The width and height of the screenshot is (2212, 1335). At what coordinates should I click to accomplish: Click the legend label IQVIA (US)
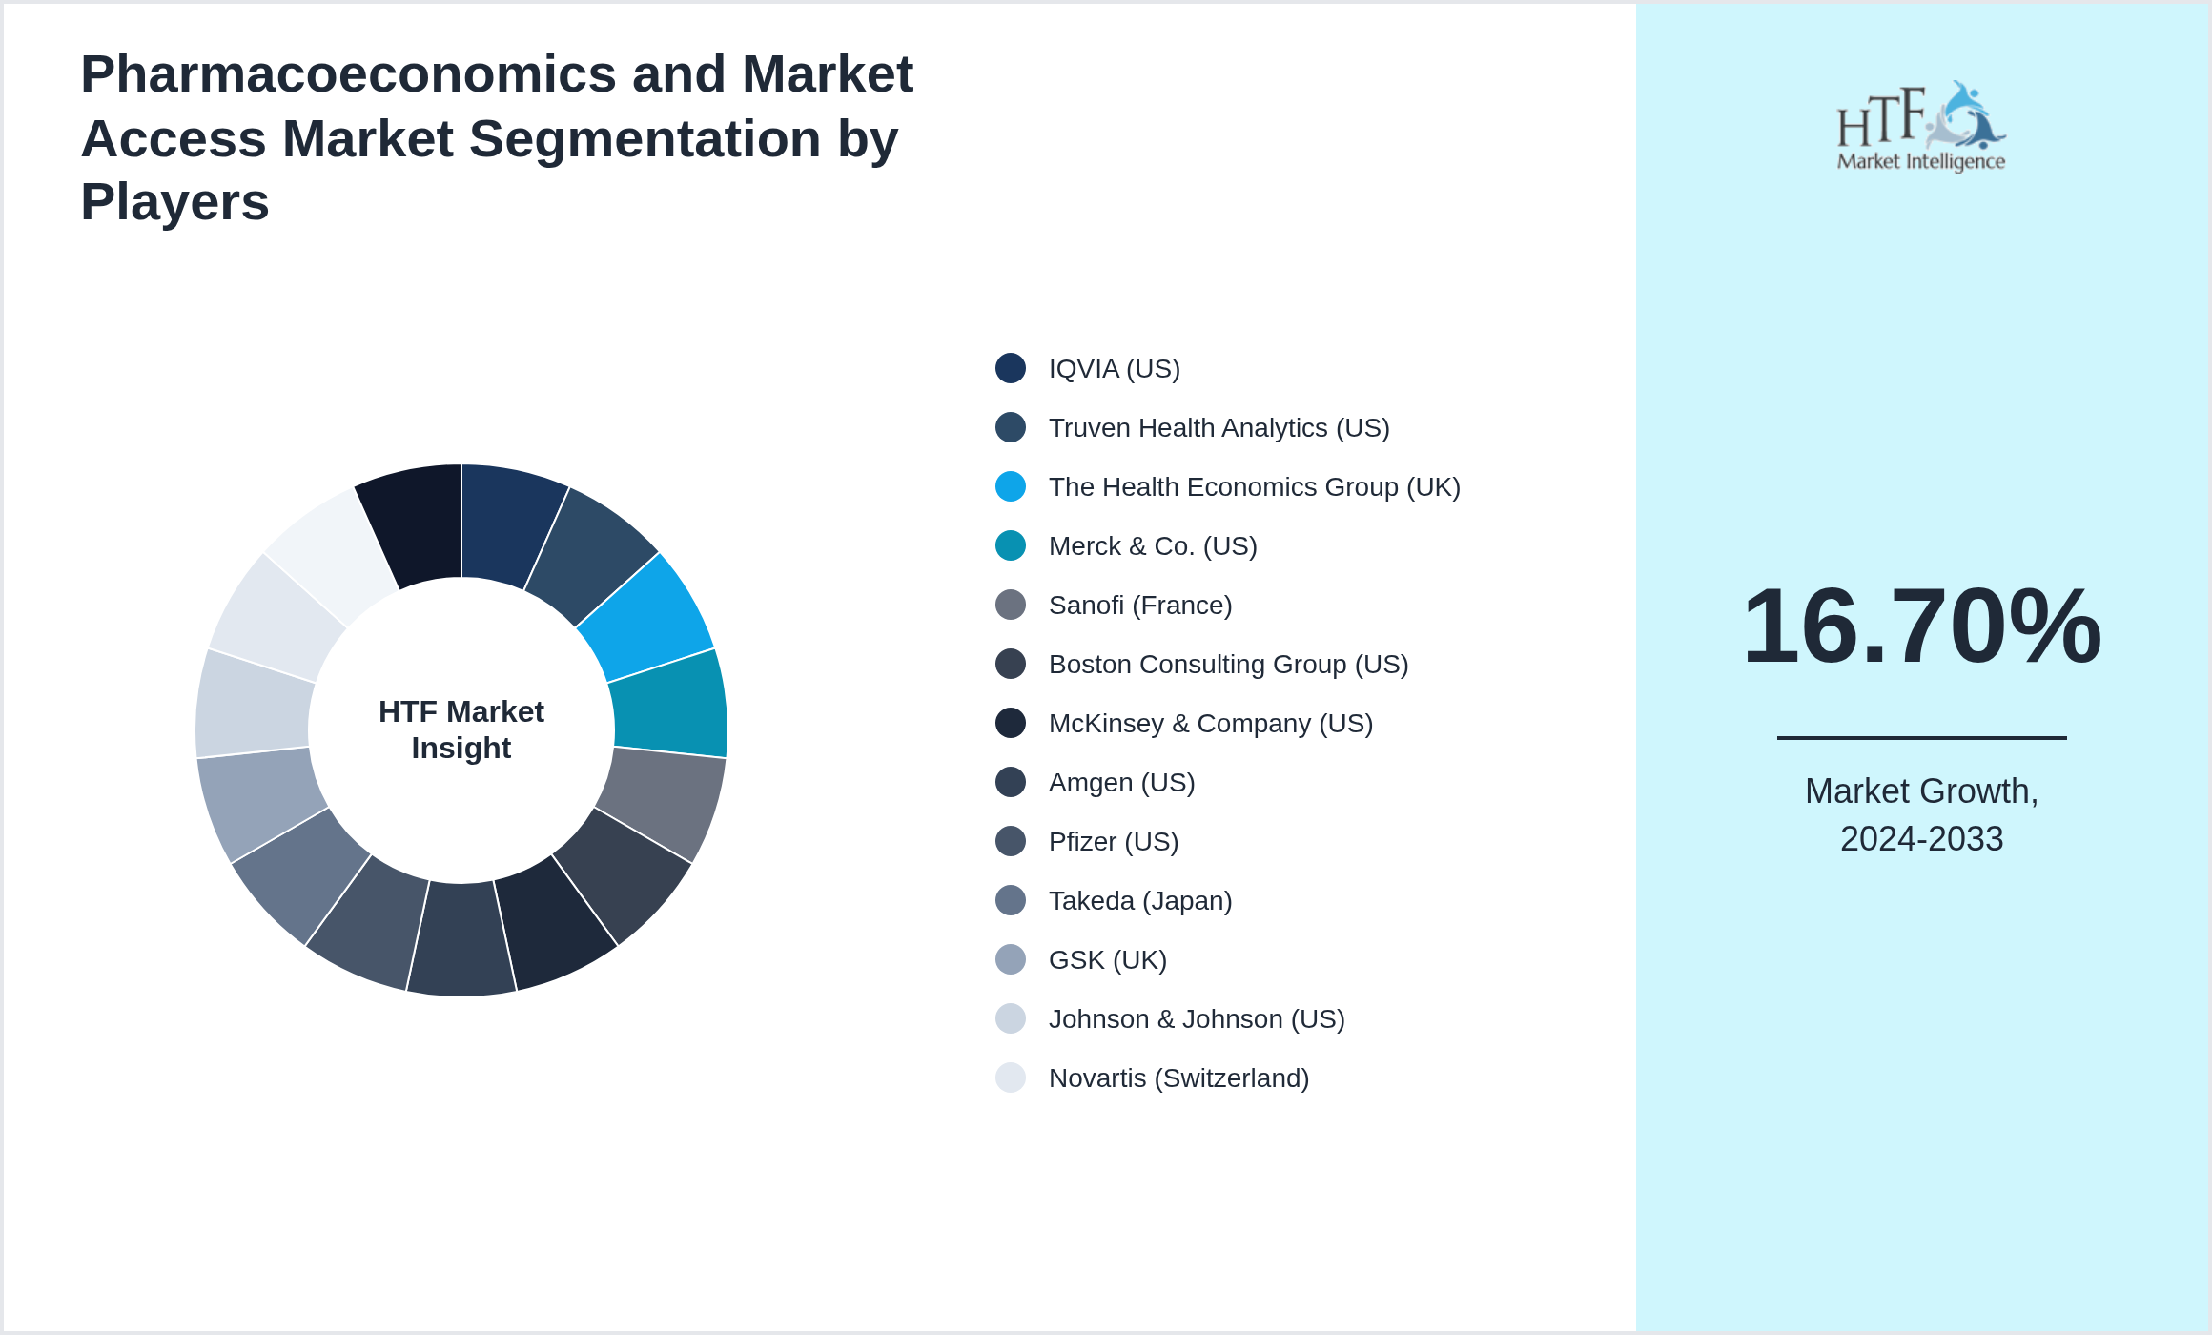(x=1114, y=369)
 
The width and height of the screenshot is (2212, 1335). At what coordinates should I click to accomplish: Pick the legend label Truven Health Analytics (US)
(x=1219, y=428)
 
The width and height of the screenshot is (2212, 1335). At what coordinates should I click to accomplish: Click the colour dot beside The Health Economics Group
(x=1011, y=486)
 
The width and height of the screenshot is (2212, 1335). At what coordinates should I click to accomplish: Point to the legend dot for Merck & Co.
(x=1011, y=545)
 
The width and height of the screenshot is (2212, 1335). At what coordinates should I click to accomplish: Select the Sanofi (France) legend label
(x=1139, y=606)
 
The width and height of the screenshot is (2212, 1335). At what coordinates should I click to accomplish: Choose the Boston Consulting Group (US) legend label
(x=1228, y=665)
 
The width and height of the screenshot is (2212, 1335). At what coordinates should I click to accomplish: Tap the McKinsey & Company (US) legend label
(x=1210, y=724)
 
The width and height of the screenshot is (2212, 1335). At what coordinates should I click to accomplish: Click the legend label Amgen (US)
(x=1121, y=783)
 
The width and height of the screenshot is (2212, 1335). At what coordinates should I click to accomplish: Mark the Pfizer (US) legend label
(x=1113, y=842)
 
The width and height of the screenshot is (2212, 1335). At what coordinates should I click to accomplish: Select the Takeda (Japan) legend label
(x=1139, y=901)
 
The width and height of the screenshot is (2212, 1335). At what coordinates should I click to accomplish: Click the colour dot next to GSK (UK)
(x=1011, y=959)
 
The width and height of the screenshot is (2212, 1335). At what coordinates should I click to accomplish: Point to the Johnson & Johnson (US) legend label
(x=1196, y=1019)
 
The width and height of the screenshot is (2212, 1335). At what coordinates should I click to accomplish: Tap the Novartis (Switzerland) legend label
(x=1178, y=1078)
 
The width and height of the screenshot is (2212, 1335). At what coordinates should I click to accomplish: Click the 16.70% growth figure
(x=1921, y=626)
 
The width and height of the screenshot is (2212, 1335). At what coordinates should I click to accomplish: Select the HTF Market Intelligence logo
(x=1920, y=127)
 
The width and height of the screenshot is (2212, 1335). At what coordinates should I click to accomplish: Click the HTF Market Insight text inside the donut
(x=461, y=729)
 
